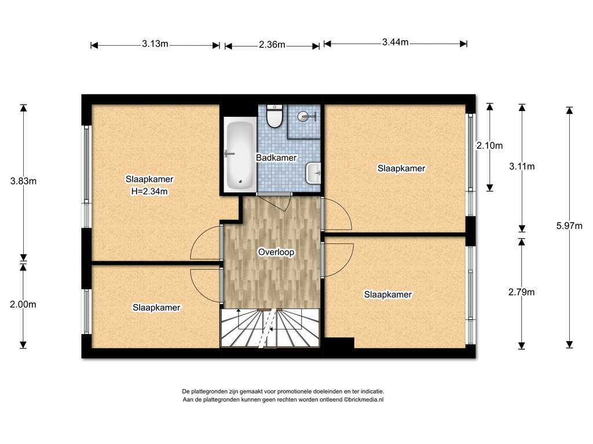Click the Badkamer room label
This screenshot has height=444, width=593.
coord(276,157)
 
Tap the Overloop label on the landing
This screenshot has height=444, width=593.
coord(276,252)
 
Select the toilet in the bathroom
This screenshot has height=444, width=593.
coord(274,116)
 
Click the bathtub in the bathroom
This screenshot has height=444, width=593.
coord(240,154)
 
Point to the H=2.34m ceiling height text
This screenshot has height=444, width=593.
coord(149,191)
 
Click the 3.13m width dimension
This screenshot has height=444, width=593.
coord(155,44)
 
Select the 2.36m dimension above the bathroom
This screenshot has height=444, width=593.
coord(272,45)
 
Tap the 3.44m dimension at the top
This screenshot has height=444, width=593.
coord(395,42)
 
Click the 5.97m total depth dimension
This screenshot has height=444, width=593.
coord(569,226)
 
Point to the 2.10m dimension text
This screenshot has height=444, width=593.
coord(489,145)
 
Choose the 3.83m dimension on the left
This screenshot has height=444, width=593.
coord(23,181)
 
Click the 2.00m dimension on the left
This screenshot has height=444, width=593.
coord(23,304)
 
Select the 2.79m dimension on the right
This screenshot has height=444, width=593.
coord(522,292)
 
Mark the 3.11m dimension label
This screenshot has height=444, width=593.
coord(522,166)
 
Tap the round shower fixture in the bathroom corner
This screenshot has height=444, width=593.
coord(305,116)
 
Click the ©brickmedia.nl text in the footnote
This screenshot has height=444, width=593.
coord(363,399)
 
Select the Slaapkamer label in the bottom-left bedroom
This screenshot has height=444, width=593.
coord(156,308)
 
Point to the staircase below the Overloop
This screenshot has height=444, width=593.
coord(270,328)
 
